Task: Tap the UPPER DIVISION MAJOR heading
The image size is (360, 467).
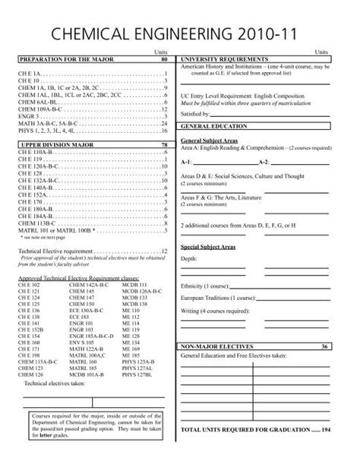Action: tap(47, 144)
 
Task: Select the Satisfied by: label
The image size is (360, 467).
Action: tap(196, 113)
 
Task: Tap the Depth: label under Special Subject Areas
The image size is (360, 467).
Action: tap(189, 258)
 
